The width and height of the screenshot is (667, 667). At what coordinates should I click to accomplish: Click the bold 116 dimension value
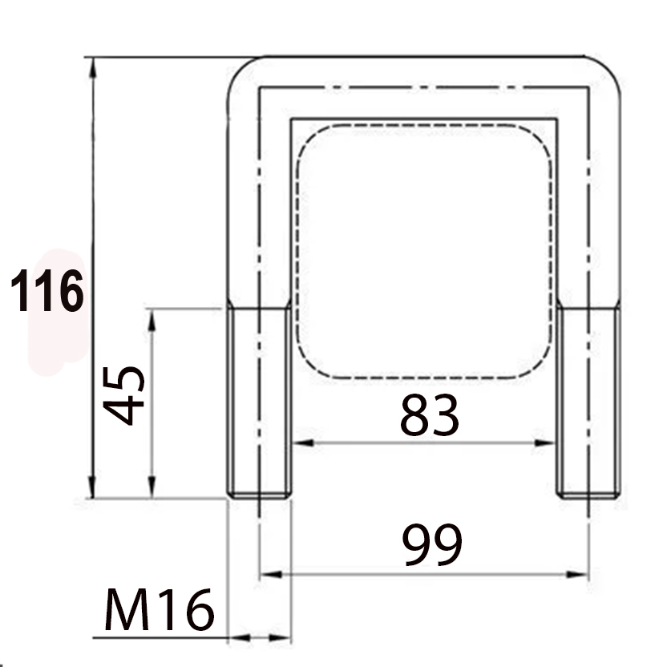coord(46,290)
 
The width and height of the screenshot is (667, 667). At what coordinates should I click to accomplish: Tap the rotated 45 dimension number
coord(124,395)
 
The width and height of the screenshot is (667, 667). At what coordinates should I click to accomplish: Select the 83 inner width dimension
coord(430,414)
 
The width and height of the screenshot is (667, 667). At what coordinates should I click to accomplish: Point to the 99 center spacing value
coord(432,545)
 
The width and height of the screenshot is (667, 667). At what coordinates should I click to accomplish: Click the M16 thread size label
coord(159,609)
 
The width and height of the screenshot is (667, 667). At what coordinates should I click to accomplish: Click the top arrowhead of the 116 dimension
coord(93,67)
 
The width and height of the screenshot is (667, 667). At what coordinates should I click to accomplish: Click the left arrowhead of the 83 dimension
coord(303,443)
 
